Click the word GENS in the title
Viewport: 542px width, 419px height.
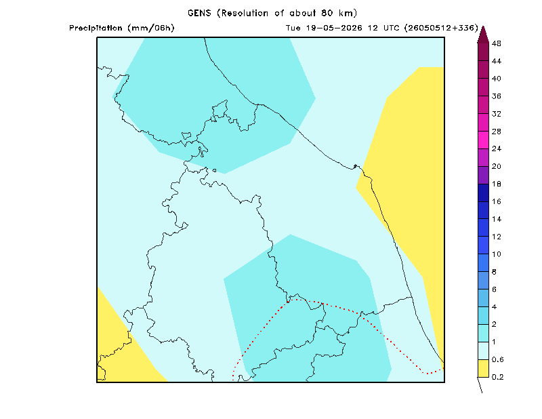(199, 13)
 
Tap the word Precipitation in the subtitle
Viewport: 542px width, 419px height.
(96, 28)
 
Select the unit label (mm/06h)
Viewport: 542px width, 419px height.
(151, 28)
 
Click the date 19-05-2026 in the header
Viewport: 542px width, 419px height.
(334, 28)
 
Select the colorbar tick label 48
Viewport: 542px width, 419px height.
(497, 43)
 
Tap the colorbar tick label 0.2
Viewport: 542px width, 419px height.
(497, 377)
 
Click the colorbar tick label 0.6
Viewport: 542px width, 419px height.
(497, 359)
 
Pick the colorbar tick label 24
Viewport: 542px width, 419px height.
(497, 148)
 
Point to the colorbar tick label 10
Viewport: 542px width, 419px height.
(497, 254)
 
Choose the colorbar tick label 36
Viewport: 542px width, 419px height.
(497, 96)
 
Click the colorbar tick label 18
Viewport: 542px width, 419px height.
(497, 184)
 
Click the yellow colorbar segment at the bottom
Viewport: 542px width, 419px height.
(483, 368)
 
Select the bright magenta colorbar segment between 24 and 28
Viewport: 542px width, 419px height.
(483, 140)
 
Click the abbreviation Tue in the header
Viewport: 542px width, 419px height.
(293, 28)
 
